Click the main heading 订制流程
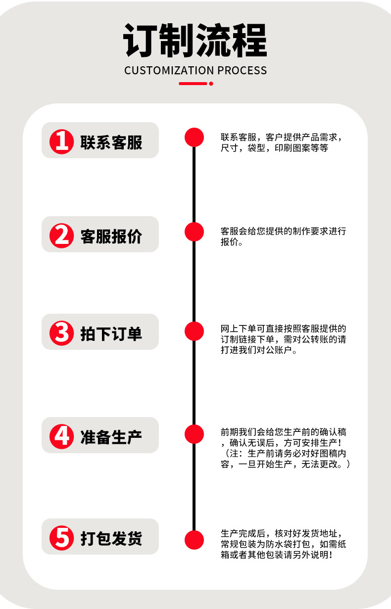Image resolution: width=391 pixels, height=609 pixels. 195,41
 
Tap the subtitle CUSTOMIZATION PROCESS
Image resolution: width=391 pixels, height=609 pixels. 195,70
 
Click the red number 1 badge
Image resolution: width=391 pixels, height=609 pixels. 62,141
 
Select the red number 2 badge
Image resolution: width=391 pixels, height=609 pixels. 62,235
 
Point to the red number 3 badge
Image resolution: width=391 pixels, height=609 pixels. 62,332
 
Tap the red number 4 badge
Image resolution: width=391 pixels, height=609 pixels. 62,436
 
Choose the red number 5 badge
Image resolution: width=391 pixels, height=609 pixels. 62,537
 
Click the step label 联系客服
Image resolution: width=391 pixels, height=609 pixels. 111,142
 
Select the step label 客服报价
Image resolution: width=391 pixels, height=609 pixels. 111,236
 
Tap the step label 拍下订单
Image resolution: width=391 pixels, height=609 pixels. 111,333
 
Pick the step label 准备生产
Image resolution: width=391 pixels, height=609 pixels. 111,437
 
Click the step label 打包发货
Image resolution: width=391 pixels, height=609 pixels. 111,538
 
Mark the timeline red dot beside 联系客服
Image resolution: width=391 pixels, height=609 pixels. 194,137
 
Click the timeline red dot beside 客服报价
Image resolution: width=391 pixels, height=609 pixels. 194,232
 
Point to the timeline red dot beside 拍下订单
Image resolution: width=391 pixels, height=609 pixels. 194,330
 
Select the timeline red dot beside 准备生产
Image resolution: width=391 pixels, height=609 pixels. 194,434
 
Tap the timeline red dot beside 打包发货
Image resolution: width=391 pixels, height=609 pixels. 194,539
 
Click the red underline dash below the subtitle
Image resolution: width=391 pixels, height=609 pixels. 193,84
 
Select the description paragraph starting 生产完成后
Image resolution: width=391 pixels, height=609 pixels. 283,544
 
